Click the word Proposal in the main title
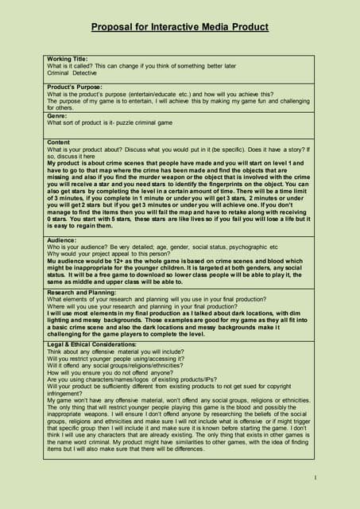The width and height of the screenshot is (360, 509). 114,27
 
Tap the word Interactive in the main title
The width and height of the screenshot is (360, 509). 175,27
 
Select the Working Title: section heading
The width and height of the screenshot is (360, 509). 68,59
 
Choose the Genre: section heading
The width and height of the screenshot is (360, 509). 56,116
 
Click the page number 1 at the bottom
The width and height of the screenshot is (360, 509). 315,477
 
